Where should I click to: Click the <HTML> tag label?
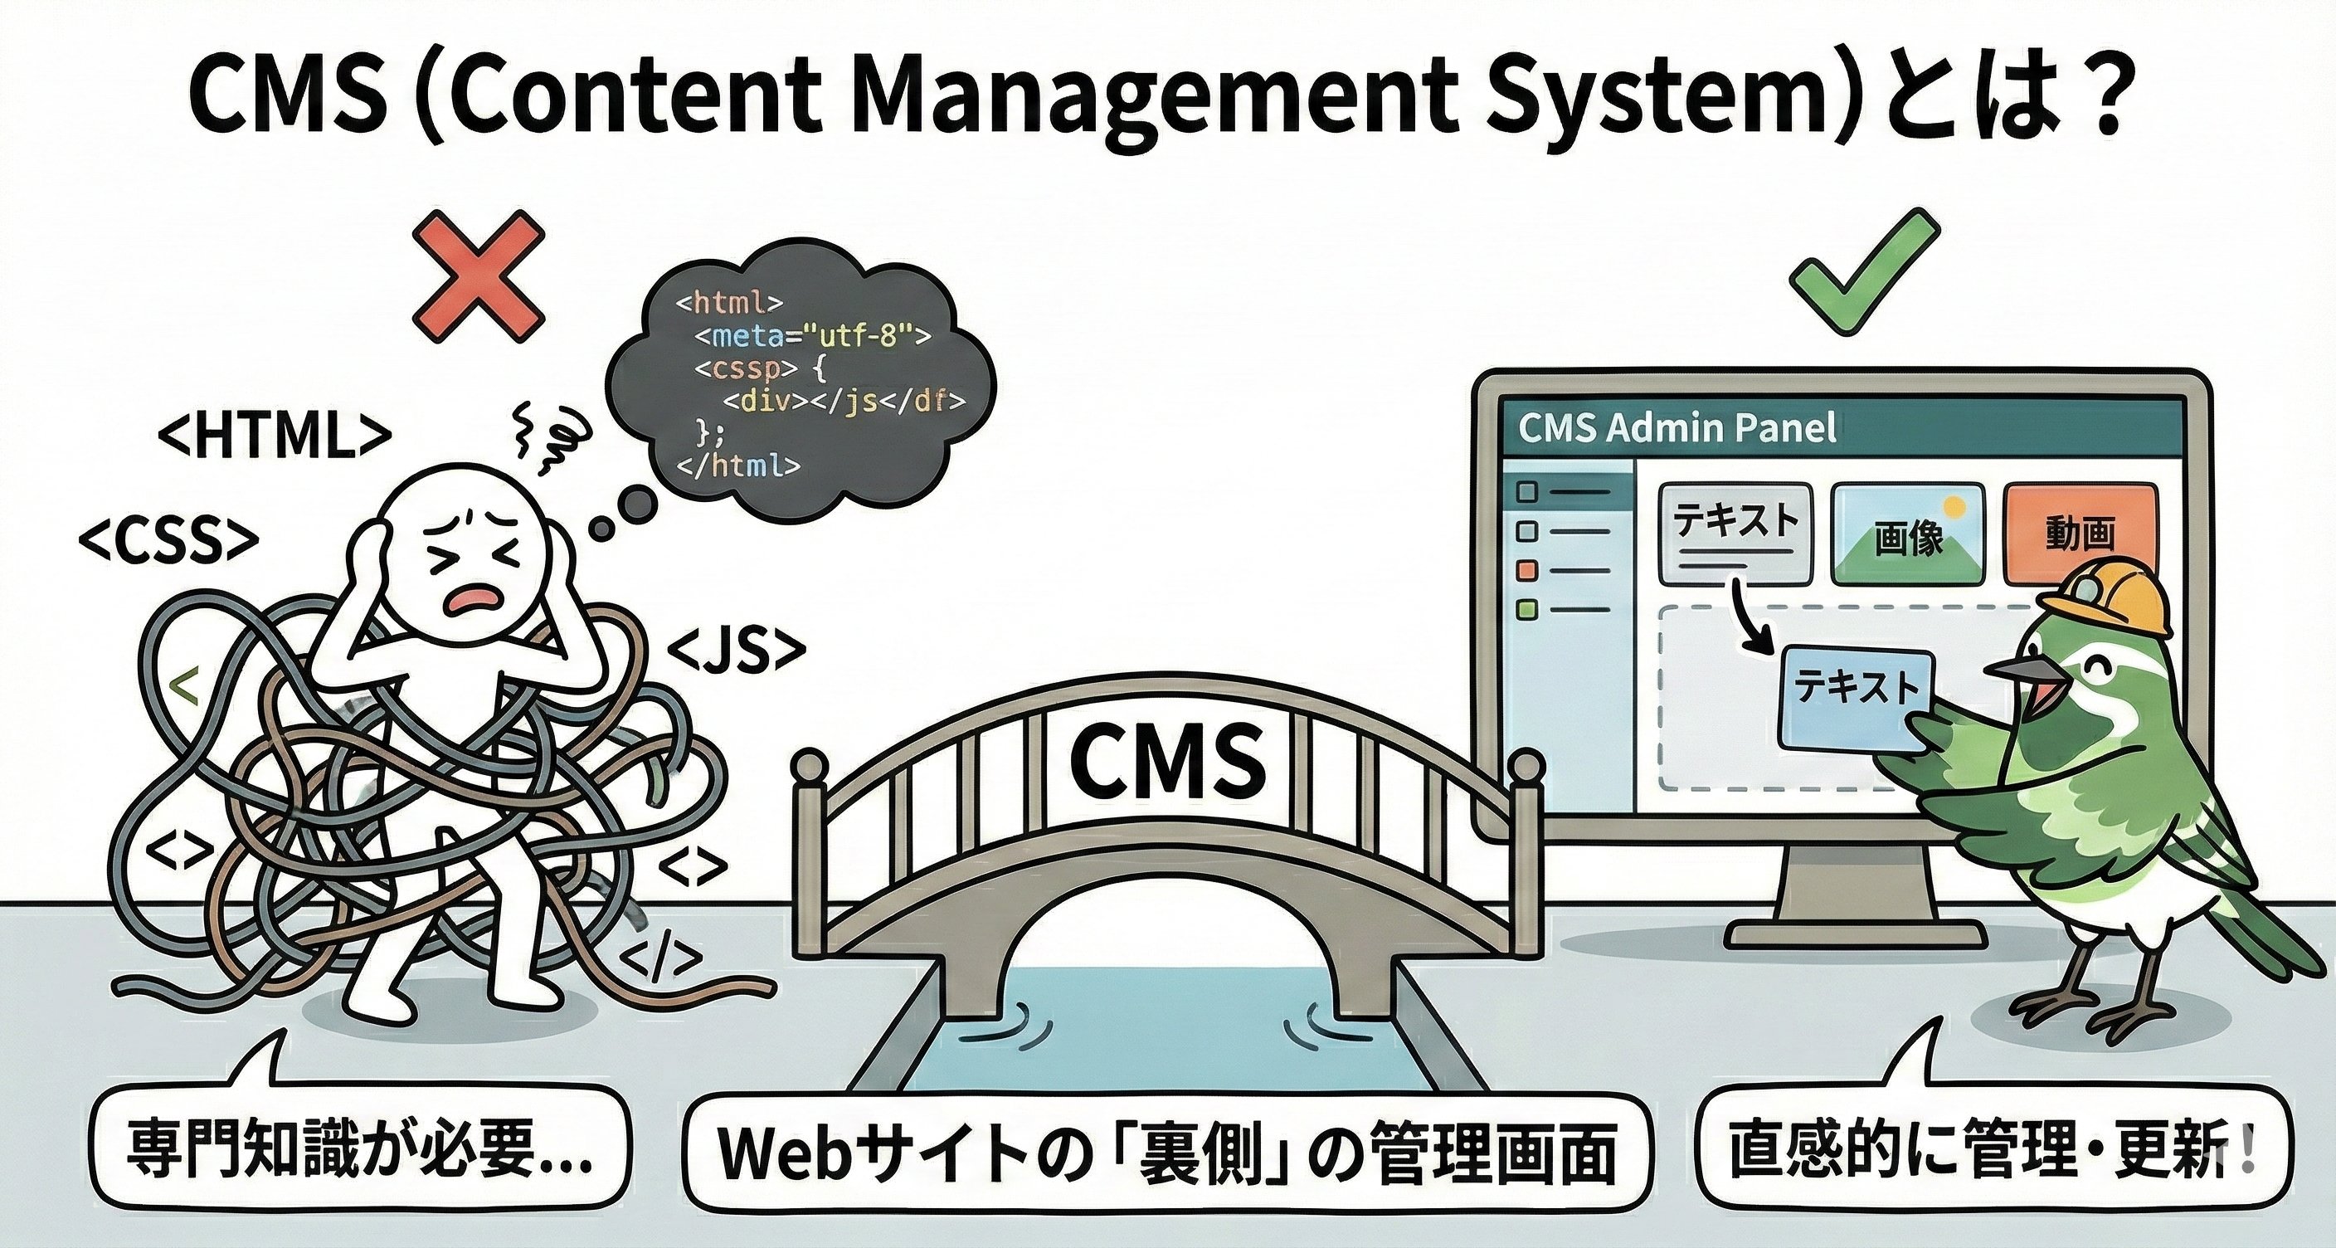274,438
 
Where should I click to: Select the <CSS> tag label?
168,540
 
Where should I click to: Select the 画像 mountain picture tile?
1907,534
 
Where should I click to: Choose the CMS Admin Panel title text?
1677,428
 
